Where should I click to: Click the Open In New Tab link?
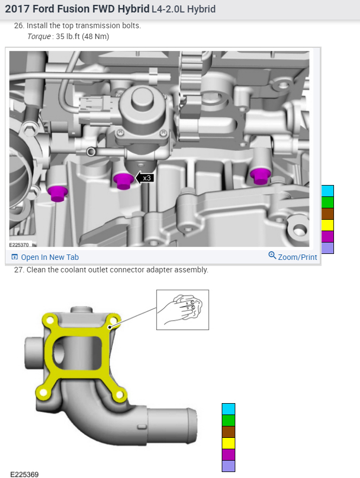[x=45, y=257]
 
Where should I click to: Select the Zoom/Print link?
[x=293, y=257]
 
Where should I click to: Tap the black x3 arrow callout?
[x=145, y=178]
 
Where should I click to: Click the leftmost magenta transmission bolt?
[x=57, y=194]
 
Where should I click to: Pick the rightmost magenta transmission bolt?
[x=260, y=176]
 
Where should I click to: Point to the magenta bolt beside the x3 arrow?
[x=124, y=181]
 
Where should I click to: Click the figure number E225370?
[x=19, y=245]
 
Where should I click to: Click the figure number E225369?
[x=24, y=474]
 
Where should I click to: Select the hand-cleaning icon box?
[x=182, y=310]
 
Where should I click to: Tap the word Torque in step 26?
[x=39, y=36]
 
